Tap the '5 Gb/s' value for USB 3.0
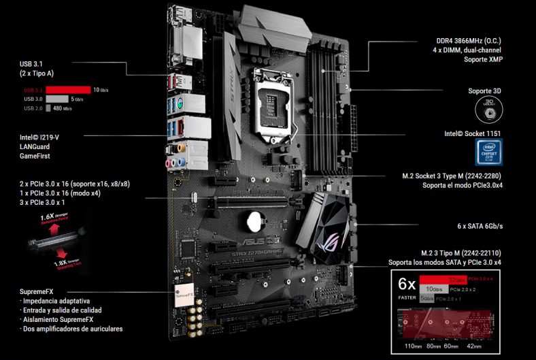(97, 99)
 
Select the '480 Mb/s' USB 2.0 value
(63, 108)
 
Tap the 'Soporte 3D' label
(484, 91)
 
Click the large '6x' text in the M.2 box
(407, 283)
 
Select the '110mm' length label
(412, 346)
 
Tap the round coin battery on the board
(256, 220)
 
